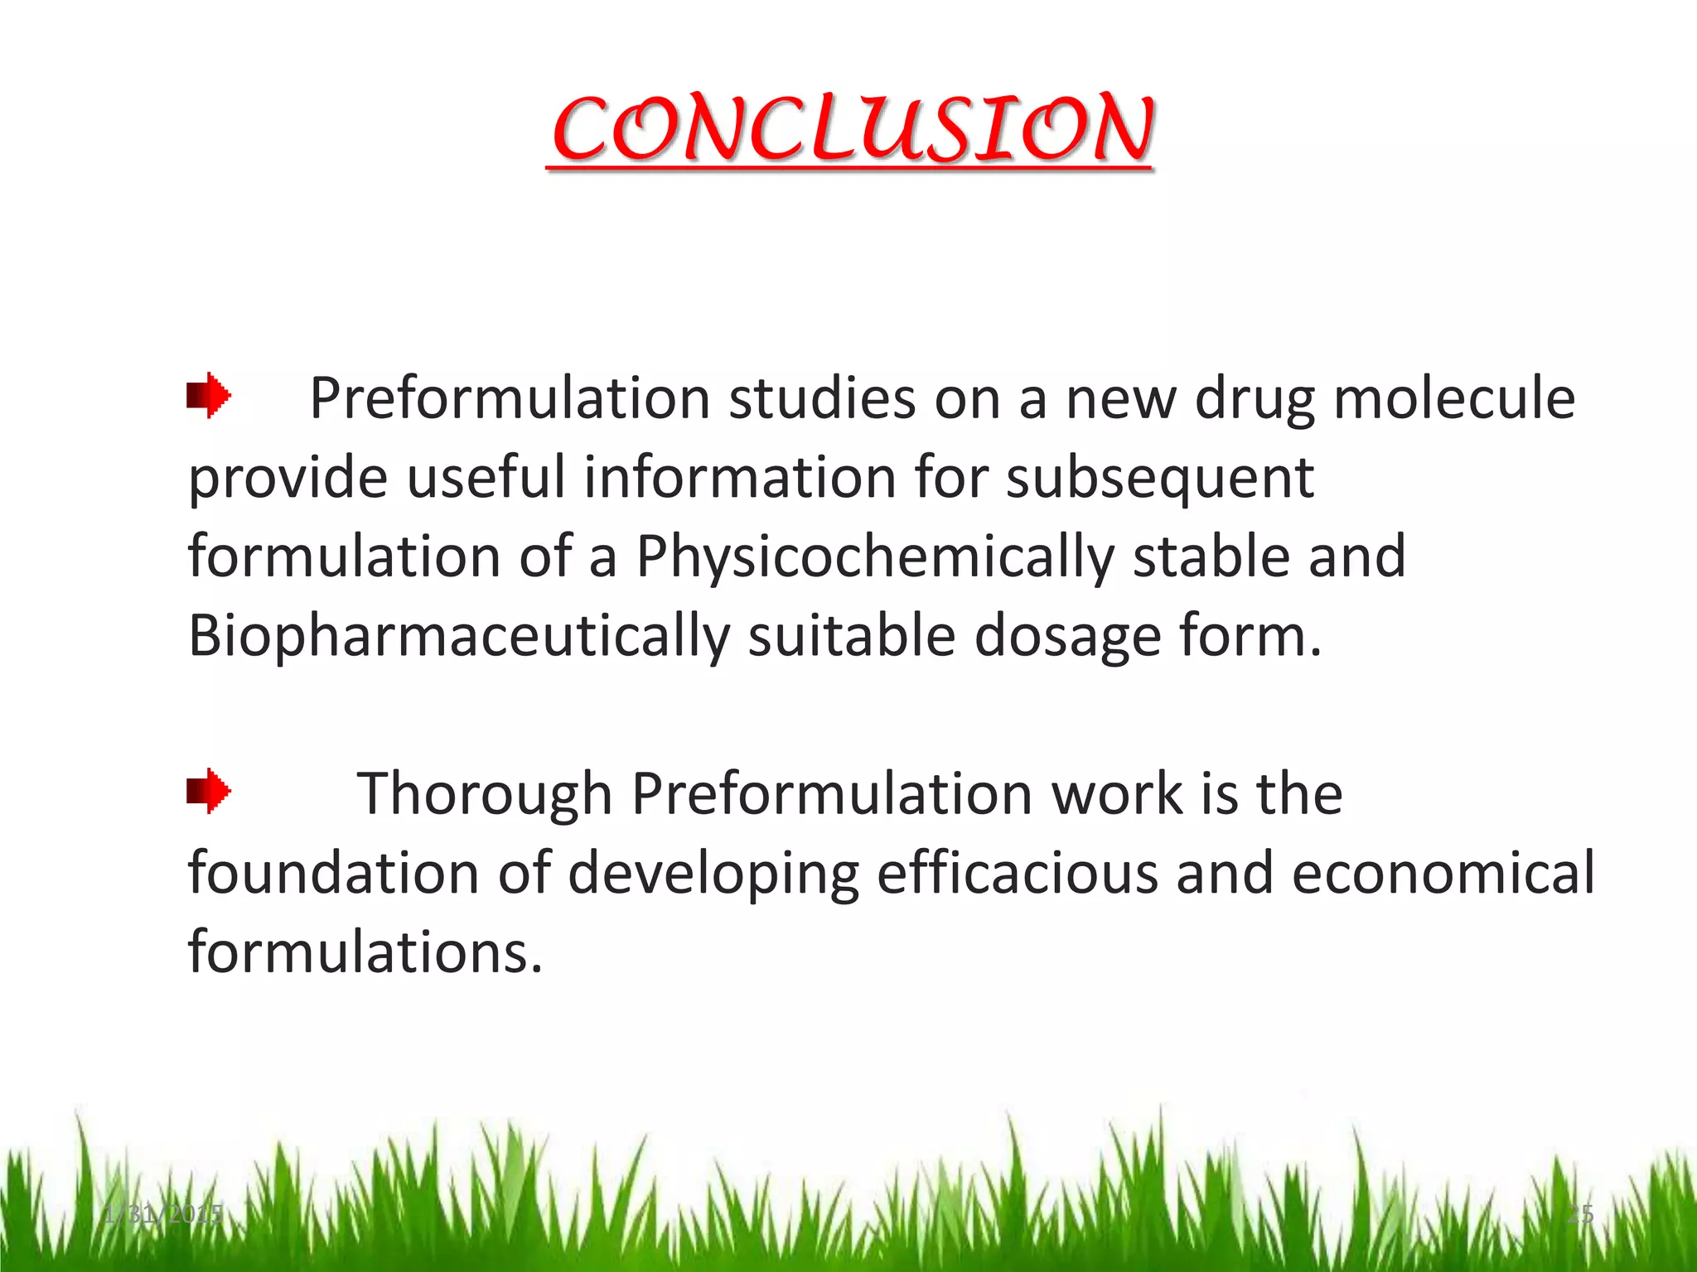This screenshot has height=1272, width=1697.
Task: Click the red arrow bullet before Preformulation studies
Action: click(208, 396)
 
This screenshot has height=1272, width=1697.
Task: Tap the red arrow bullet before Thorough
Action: click(208, 791)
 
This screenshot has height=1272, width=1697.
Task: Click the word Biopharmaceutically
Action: click(458, 636)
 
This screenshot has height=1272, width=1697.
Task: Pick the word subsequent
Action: click(1159, 478)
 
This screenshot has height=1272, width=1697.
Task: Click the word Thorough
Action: click(484, 793)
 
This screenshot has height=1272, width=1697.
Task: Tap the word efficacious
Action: click(1017, 873)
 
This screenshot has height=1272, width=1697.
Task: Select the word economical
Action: click(1443, 873)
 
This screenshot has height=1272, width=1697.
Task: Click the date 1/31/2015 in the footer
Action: click(163, 1214)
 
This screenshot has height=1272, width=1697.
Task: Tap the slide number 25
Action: click(1579, 1214)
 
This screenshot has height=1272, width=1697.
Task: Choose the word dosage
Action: click(1066, 636)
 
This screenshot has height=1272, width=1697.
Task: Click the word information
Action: click(740, 478)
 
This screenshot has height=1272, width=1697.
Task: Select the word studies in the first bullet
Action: click(821, 398)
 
